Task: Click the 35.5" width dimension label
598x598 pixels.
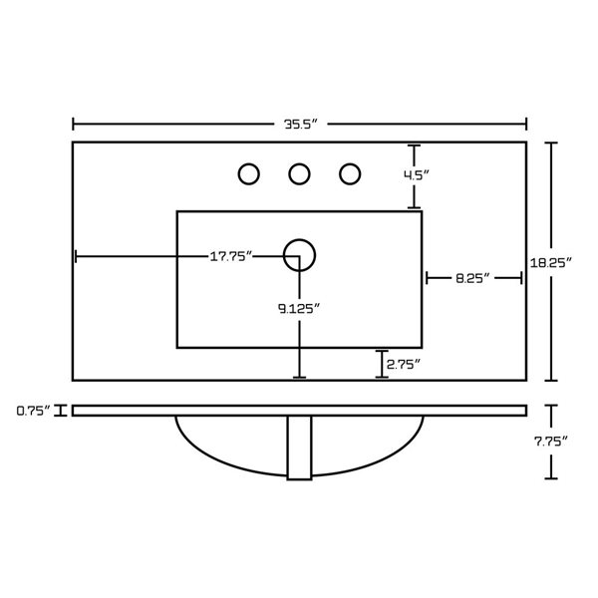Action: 301,125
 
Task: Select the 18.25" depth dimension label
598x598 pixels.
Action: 551,262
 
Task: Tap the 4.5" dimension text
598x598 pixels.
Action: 417,175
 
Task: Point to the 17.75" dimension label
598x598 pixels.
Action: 231,256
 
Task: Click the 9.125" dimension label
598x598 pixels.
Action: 299,308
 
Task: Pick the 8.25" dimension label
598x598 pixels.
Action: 472,278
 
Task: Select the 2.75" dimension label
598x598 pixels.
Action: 404,365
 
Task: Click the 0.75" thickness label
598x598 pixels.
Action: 34,411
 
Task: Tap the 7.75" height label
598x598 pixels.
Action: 551,442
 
